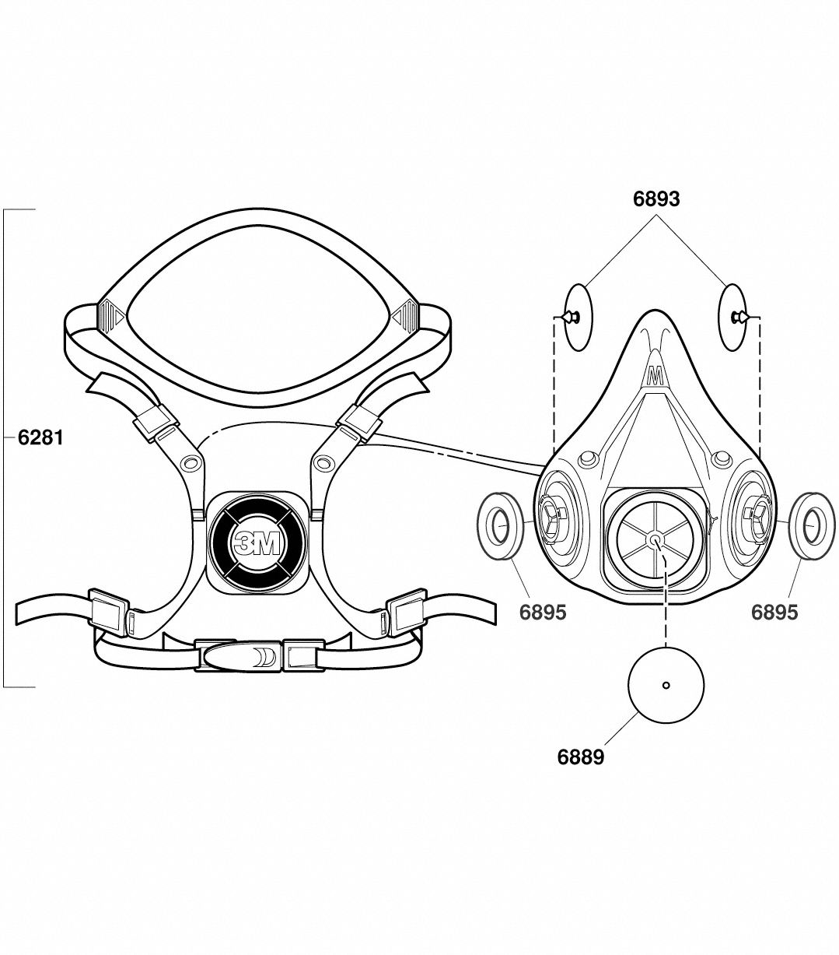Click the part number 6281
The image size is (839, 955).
[40, 438]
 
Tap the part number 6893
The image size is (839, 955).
[656, 199]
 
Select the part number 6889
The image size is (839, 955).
[580, 756]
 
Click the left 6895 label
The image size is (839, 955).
[543, 613]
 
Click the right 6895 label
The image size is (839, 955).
[774, 613]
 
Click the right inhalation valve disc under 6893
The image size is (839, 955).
[736, 316]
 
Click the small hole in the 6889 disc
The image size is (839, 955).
[666, 685]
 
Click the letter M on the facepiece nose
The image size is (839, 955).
[654, 377]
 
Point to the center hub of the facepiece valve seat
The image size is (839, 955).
[655, 539]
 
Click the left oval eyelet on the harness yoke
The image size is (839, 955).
[189, 464]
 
